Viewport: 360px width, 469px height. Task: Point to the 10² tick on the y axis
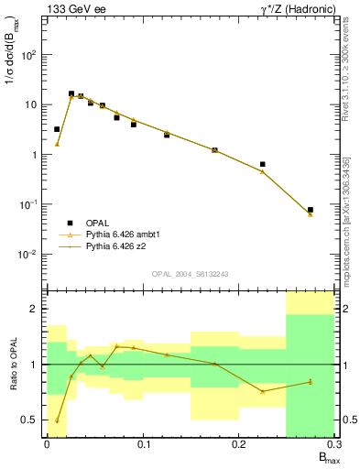coord(35,55)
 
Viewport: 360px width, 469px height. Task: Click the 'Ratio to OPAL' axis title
coord(13,365)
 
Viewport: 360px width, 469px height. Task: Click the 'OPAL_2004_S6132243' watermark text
coord(190,273)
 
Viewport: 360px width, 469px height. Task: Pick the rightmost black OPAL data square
coord(311,210)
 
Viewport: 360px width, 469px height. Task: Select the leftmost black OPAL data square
coord(57,129)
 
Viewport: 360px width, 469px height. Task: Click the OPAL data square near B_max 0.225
coord(263,165)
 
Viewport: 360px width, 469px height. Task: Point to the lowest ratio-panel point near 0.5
coord(57,420)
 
